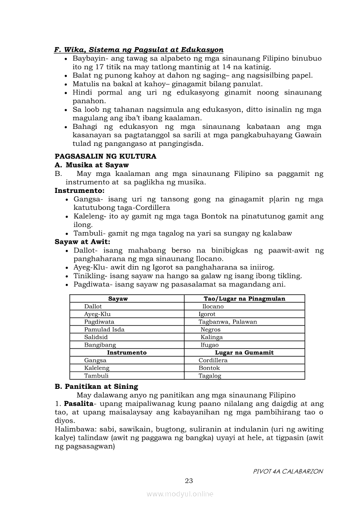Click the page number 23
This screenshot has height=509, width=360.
tap(189, 481)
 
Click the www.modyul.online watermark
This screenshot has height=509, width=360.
tap(180, 494)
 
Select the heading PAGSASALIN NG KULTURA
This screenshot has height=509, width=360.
tap(105, 156)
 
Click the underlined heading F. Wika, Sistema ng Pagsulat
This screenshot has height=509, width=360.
tap(139, 50)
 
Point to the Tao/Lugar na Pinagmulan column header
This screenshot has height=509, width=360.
tap(245, 299)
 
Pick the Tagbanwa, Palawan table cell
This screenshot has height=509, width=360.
tap(228, 322)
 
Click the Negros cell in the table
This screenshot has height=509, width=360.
tap(211, 330)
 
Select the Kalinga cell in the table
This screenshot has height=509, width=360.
tap(211, 337)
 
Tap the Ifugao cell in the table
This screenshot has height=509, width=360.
tap(210, 345)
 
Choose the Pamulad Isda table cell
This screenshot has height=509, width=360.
tap(104, 330)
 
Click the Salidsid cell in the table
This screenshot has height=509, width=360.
tap(96, 337)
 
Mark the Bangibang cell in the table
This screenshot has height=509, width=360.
tap(100, 345)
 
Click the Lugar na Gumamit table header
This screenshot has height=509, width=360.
tap(245, 352)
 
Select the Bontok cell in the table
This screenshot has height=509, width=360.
tap(209, 368)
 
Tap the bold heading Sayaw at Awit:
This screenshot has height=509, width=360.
tap(82, 242)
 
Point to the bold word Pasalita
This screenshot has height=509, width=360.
tap(79, 404)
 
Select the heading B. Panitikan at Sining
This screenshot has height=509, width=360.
tap(96, 386)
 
